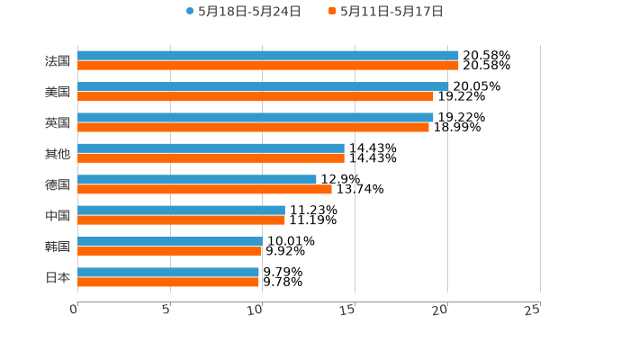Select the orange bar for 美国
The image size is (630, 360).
point(256,96)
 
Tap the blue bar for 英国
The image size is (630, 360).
point(256,117)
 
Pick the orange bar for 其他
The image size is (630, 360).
point(211,158)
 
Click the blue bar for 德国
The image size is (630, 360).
point(197,179)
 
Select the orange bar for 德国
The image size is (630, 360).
point(204,189)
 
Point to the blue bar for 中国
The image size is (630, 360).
point(181,210)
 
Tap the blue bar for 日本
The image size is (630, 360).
point(168,272)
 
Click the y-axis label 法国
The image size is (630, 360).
point(58,61)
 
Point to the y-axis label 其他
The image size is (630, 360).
point(58,154)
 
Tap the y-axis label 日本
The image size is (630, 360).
point(58,277)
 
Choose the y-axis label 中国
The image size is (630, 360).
point(58,216)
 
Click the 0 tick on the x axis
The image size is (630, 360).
point(75,310)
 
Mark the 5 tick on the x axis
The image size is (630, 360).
point(167,310)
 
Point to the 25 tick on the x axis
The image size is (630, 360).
point(533,310)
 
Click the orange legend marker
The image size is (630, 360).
point(332,12)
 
